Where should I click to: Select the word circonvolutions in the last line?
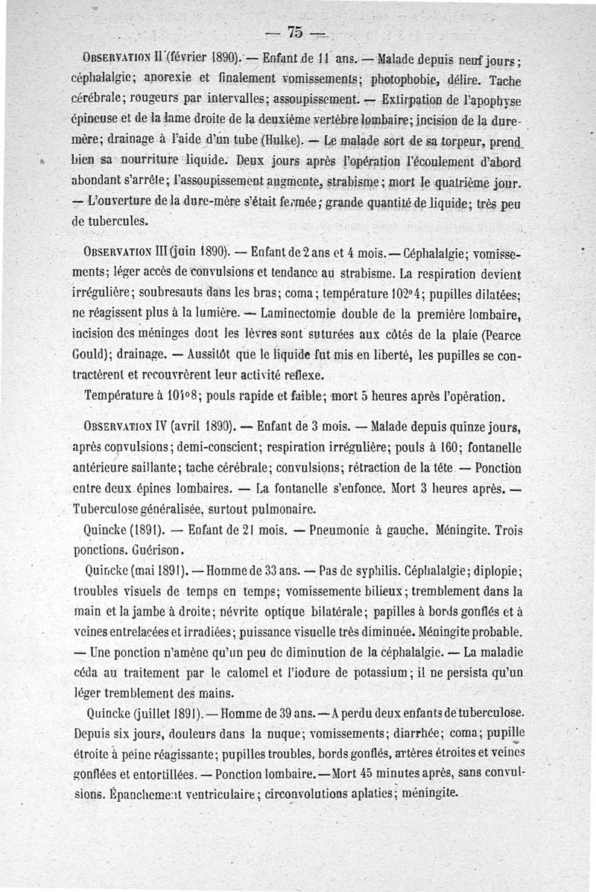pyautogui.click(x=320, y=794)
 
